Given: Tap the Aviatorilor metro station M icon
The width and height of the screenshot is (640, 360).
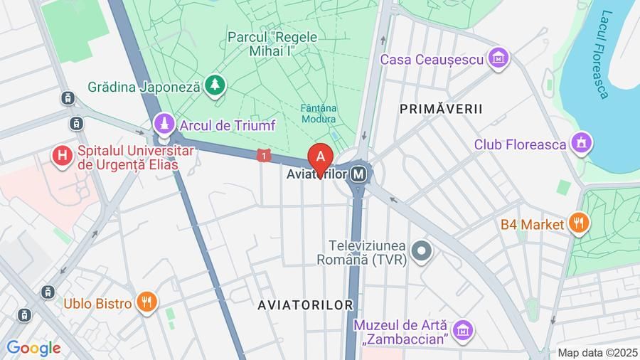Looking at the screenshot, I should pyautogui.click(x=361, y=174).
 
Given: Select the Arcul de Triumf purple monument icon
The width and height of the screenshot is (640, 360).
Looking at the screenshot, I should pyautogui.click(x=165, y=125).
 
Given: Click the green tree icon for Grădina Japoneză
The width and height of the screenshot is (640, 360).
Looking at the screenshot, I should pyautogui.click(x=215, y=86).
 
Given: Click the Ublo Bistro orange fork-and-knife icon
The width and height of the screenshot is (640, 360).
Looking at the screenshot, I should pyautogui.click(x=146, y=303).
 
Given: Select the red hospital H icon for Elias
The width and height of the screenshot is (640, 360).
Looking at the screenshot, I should pyautogui.click(x=63, y=154).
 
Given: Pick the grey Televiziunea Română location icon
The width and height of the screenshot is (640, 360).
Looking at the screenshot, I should pyautogui.click(x=422, y=250).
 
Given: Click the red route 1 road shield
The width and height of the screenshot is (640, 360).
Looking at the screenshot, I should pyautogui.click(x=265, y=155).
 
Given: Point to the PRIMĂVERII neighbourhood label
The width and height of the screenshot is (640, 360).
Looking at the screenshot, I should pyautogui.click(x=441, y=109).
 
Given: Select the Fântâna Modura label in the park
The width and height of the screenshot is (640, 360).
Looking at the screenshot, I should pyautogui.click(x=319, y=114).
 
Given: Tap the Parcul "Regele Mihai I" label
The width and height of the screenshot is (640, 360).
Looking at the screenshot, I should pyautogui.click(x=272, y=43).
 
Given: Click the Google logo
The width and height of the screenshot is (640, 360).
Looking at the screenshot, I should pyautogui.click(x=33, y=348).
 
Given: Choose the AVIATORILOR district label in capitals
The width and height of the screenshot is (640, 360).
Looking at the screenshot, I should pyautogui.click(x=305, y=305).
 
